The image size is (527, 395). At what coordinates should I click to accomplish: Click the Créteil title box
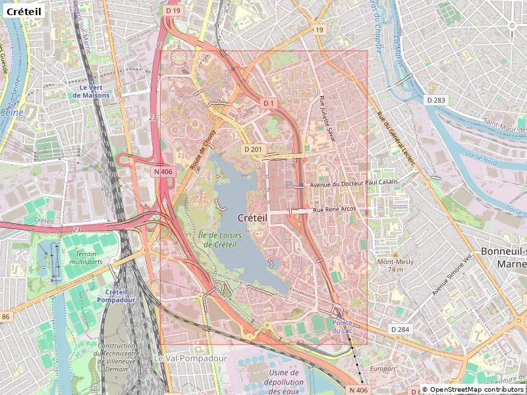(24, 12)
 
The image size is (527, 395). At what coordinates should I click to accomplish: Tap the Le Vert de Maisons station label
(91, 91)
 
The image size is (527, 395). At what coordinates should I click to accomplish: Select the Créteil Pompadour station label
(116, 296)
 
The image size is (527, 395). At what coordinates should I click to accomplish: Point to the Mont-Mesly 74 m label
(395, 265)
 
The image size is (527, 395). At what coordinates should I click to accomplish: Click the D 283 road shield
(436, 100)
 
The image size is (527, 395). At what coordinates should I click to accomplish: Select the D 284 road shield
(400, 329)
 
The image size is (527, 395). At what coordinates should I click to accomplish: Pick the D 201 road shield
(253, 149)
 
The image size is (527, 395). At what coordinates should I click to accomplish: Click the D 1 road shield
(268, 103)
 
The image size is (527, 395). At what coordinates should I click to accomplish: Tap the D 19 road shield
(173, 11)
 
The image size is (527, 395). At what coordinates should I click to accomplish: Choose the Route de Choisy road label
(204, 150)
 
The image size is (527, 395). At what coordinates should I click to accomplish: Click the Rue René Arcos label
(334, 209)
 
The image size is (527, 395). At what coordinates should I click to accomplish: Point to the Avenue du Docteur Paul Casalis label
(354, 185)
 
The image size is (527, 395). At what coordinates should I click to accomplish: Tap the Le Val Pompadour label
(190, 358)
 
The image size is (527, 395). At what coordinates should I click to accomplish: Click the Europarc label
(383, 369)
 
